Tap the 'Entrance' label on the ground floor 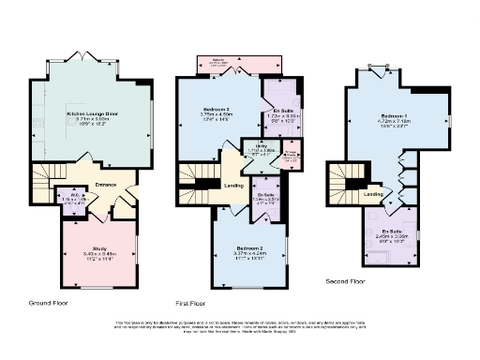click(x=106, y=185)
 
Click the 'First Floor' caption click(x=190, y=304)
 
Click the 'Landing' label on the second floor click(x=373, y=194)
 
